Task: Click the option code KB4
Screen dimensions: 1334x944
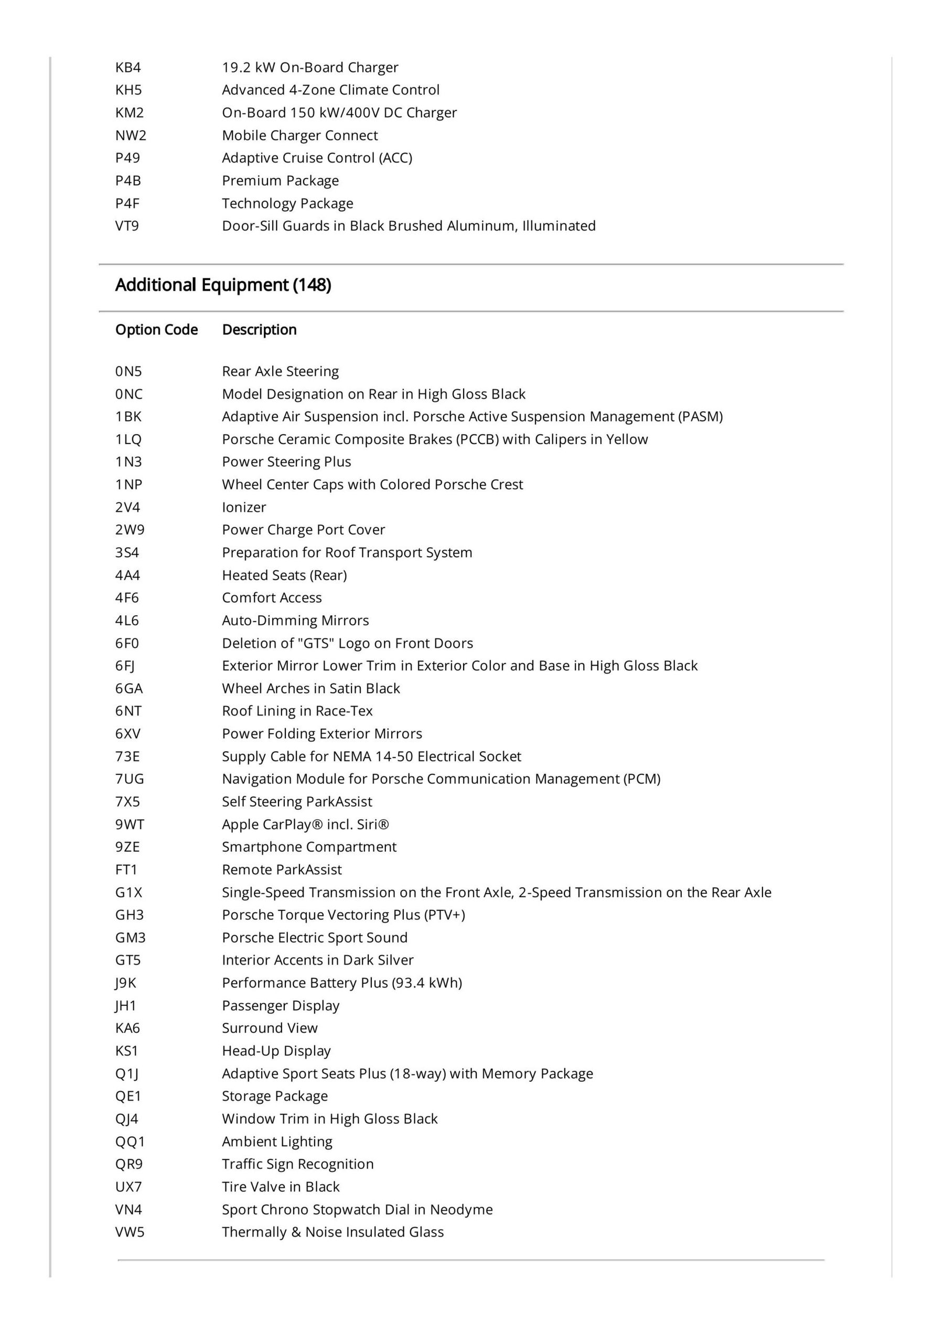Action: click(128, 68)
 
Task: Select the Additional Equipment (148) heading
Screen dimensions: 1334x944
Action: click(223, 285)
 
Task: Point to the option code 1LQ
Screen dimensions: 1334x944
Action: click(128, 439)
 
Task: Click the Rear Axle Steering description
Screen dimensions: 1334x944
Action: click(280, 371)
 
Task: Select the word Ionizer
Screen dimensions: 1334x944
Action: click(243, 507)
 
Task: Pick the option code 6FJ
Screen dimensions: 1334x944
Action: click(125, 665)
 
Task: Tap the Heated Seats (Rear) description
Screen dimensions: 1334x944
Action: click(284, 575)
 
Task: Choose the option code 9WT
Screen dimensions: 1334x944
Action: click(130, 824)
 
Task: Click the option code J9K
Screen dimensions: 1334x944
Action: click(125, 982)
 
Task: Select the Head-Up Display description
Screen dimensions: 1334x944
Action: click(276, 1050)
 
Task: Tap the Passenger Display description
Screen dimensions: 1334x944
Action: click(280, 1005)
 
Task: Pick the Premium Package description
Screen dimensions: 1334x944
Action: click(280, 181)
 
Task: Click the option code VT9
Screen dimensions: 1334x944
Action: click(127, 225)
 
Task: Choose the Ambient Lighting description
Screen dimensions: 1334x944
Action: click(277, 1141)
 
